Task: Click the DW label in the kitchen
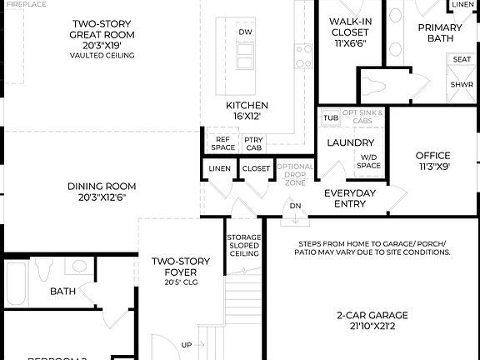pyautogui.click(x=245, y=32)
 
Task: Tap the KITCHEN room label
pyautogui.click(x=247, y=111)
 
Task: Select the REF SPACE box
pyautogui.click(x=222, y=143)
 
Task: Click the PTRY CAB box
pyautogui.click(x=253, y=143)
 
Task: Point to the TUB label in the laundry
pyautogui.click(x=331, y=117)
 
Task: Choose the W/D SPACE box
pyautogui.click(x=368, y=162)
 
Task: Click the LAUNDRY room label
pyautogui.click(x=351, y=142)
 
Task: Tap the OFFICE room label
pyautogui.click(x=432, y=160)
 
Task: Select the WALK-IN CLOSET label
pyautogui.click(x=350, y=31)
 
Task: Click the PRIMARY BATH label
pyautogui.click(x=438, y=32)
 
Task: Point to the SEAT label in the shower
pyautogui.click(x=461, y=60)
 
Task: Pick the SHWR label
pyautogui.click(x=461, y=84)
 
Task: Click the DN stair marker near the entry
pyautogui.click(x=295, y=205)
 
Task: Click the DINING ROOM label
pyautogui.click(x=102, y=192)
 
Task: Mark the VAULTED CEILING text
pyautogui.click(x=102, y=56)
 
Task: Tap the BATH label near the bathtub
pyautogui.click(x=62, y=292)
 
